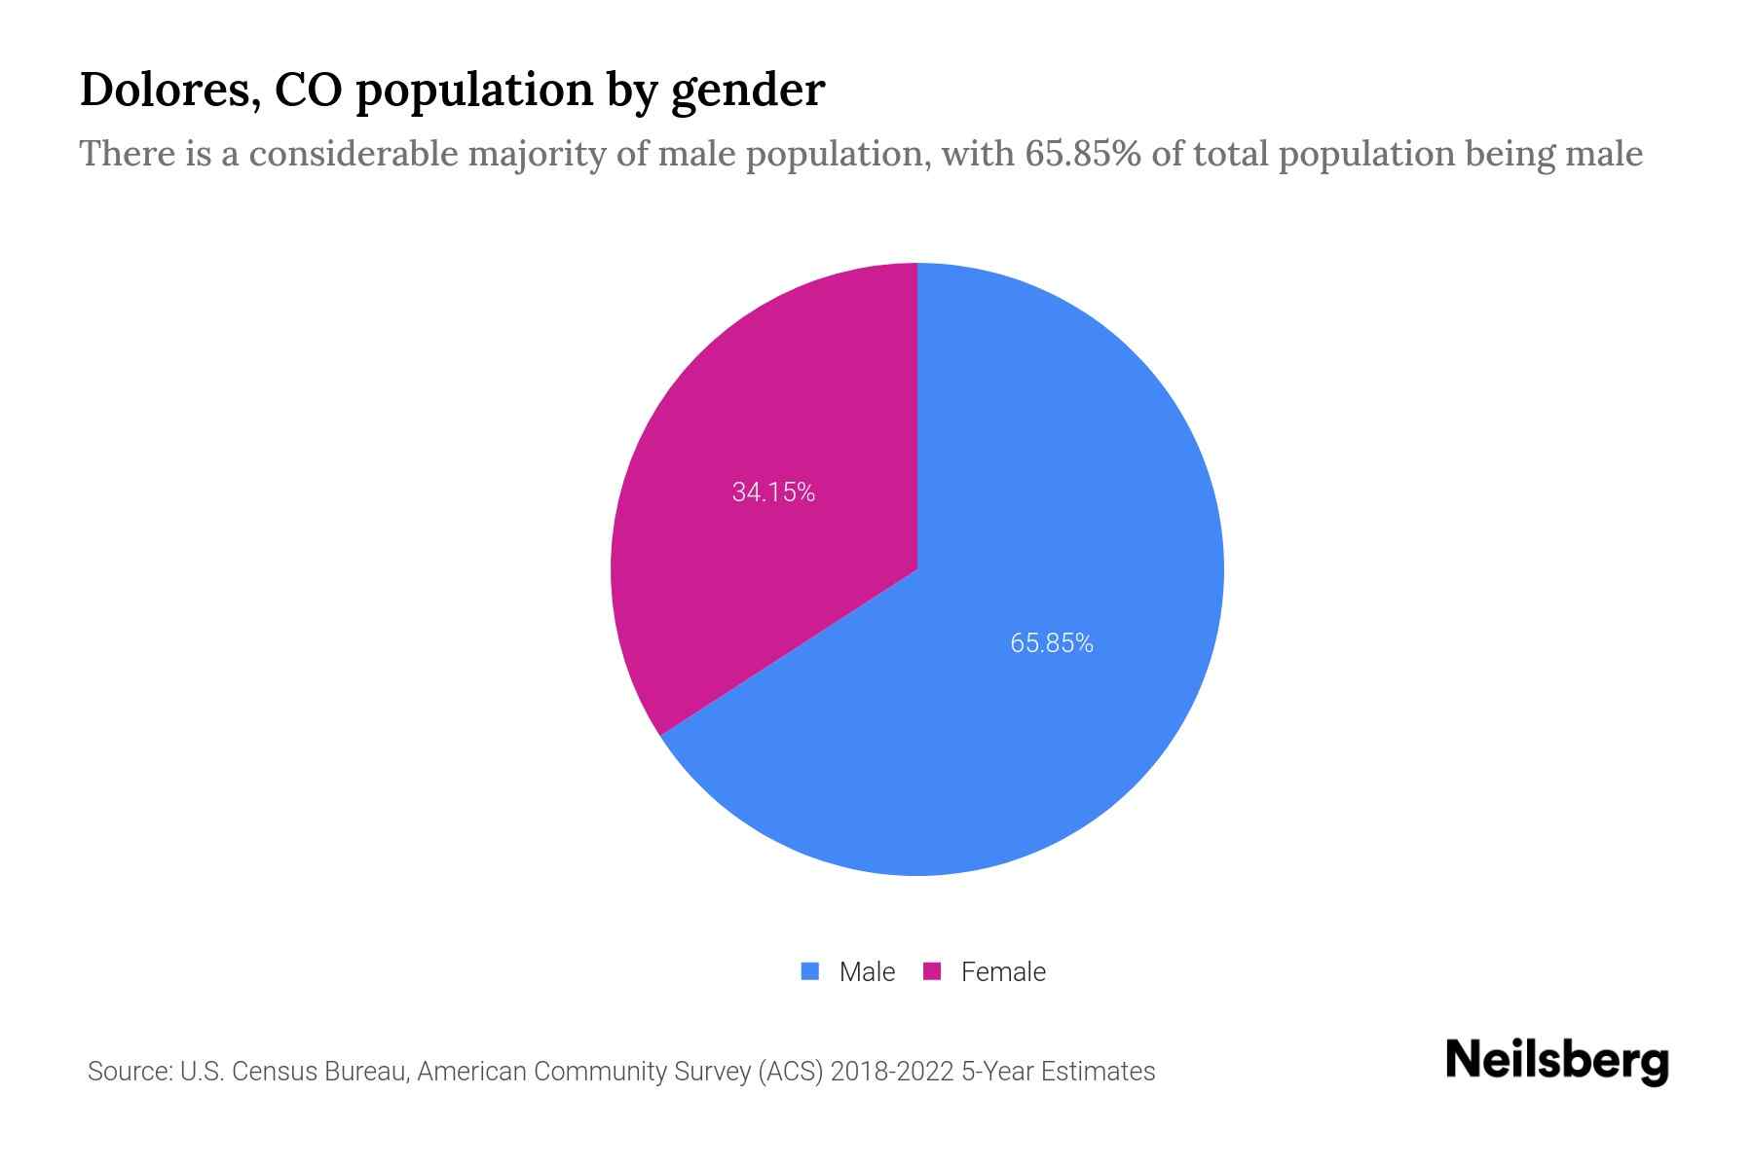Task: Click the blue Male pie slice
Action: pos(1023,681)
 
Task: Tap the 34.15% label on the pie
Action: pos(773,493)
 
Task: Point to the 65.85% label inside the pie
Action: pos(1052,643)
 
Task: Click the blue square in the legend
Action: pos(809,971)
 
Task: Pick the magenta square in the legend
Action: pos(932,971)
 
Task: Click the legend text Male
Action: pos(867,972)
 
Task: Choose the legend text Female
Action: pos(1003,972)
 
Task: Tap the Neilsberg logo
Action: pos(1556,1061)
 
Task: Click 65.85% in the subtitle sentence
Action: pos(1082,154)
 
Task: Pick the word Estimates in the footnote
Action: pos(1098,1072)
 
